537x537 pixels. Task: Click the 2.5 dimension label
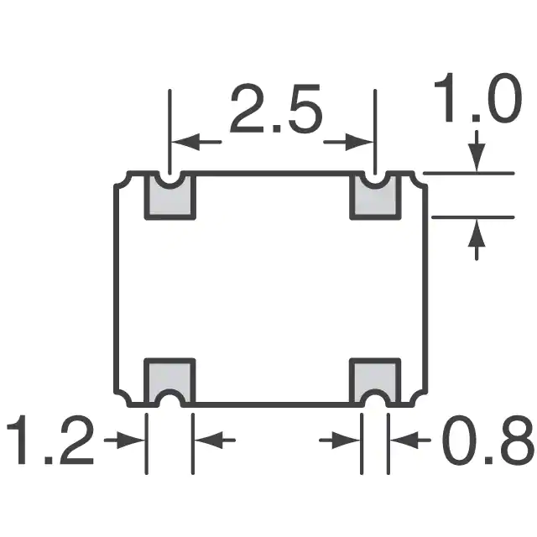[276, 108]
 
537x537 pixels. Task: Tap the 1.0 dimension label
[478, 97]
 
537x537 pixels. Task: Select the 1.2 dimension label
[50, 440]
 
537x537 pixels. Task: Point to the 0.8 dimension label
[487, 440]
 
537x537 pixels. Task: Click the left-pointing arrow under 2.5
[196, 142]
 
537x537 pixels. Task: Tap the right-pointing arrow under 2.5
[348, 142]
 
